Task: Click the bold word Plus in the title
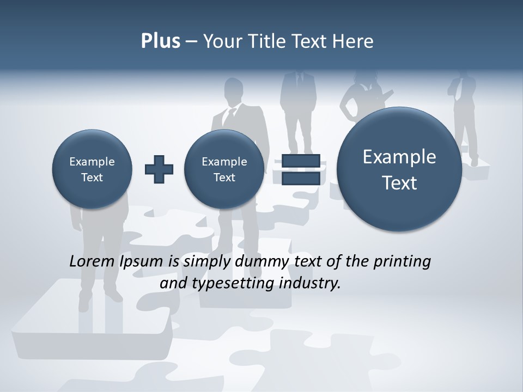(160, 41)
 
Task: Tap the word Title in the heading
(268, 41)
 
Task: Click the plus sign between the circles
(159, 169)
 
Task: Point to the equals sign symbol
(300, 169)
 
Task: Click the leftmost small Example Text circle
(92, 169)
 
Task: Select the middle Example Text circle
(224, 169)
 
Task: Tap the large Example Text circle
(399, 169)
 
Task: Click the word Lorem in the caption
(93, 261)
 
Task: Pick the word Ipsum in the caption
(142, 262)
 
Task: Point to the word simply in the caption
(207, 262)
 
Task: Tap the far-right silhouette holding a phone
(463, 109)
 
